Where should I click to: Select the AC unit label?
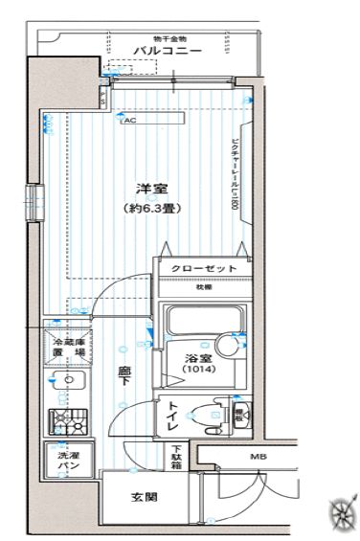(x=128, y=122)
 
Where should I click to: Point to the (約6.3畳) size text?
(x=146, y=208)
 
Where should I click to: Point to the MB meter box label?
(x=258, y=457)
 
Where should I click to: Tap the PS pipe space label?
(x=239, y=414)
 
